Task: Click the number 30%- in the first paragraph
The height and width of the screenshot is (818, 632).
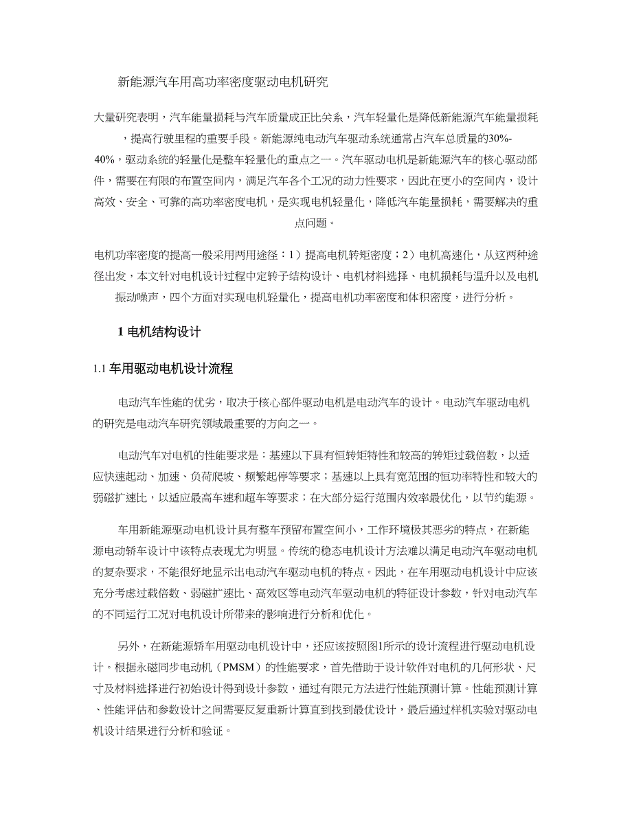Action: pyautogui.click(x=508, y=138)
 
